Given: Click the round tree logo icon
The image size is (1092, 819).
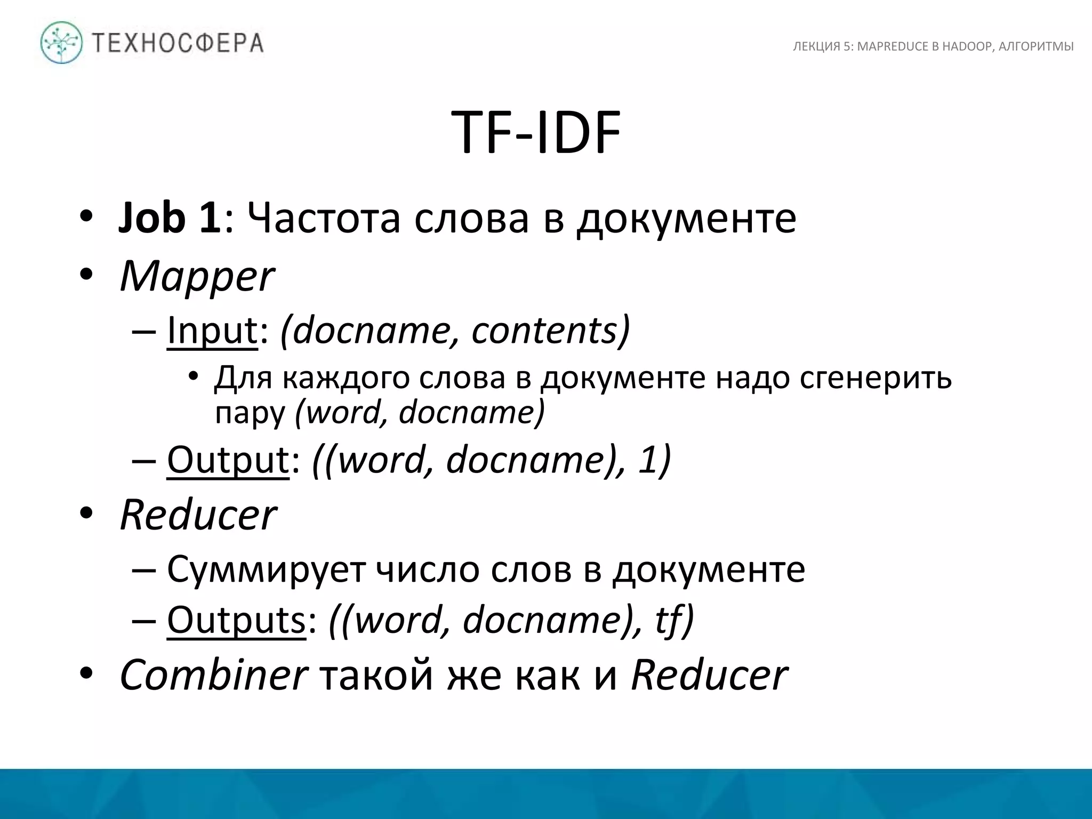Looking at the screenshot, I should pyautogui.click(x=62, y=43).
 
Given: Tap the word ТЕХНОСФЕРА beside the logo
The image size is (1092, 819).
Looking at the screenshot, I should pyautogui.click(x=178, y=43).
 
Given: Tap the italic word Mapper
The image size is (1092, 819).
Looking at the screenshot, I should pyautogui.click(x=197, y=277).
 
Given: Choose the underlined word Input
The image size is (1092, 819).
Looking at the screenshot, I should pyautogui.click(x=212, y=331).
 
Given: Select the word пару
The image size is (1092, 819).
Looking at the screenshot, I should pyautogui.click(x=250, y=412).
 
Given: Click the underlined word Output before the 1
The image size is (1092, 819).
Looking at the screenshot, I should pyautogui.click(x=228, y=460).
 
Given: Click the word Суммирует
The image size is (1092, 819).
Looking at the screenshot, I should pyautogui.click(x=266, y=569).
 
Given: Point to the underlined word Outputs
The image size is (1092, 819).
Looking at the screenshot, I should pyautogui.click(x=236, y=620).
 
